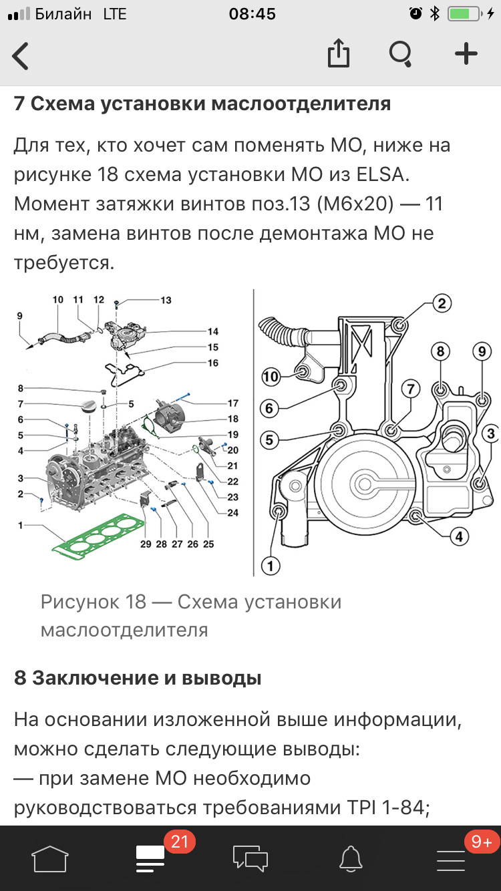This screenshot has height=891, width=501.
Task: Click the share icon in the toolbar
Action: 339,54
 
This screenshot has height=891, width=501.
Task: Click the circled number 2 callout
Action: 441,304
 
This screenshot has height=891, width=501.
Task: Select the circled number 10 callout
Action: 271,377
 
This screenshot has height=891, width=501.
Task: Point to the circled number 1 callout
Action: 271,566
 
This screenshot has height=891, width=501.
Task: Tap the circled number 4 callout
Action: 458,536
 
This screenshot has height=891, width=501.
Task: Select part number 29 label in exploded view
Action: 146,544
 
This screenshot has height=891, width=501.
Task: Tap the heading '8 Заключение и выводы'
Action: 138,678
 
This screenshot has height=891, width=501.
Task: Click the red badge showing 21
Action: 179,842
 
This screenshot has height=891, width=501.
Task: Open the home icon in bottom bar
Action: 50,858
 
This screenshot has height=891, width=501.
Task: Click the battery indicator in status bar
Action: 462,14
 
